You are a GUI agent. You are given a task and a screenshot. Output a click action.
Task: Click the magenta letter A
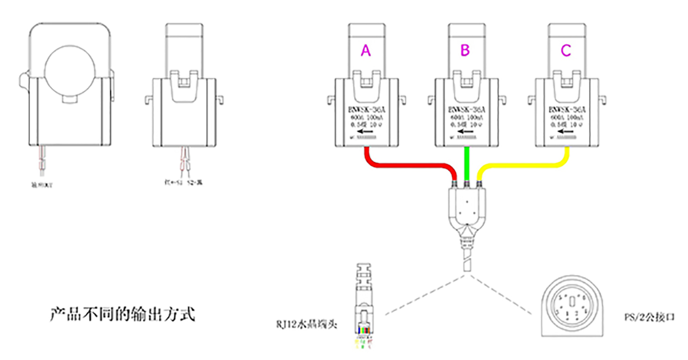click(366, 51)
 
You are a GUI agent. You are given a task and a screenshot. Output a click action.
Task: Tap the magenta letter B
click(465, 51)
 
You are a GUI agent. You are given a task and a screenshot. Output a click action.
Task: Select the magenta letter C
click(566, 51)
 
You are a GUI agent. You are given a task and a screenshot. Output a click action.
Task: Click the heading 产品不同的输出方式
click(122, 314)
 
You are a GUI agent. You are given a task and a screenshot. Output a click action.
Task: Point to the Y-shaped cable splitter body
click(466, 211)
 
